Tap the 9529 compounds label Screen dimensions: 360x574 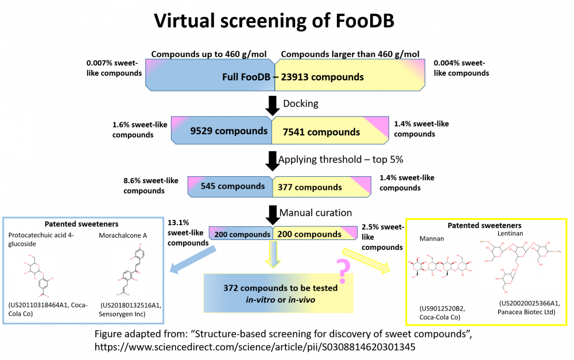228,131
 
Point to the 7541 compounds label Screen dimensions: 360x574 321,132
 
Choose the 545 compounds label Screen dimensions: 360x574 232,186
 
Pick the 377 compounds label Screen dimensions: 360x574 309,187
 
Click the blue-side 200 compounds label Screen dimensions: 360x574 242,234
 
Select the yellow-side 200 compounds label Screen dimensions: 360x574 309,234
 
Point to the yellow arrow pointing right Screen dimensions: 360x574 366,260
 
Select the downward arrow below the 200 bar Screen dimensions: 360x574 273,254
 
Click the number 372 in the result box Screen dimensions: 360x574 231,288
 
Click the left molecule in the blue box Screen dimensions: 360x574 39,276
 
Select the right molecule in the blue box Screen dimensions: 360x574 130,271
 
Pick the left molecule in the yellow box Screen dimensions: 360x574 441,266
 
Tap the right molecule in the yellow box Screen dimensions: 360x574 521,266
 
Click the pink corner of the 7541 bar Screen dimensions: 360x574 378,125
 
